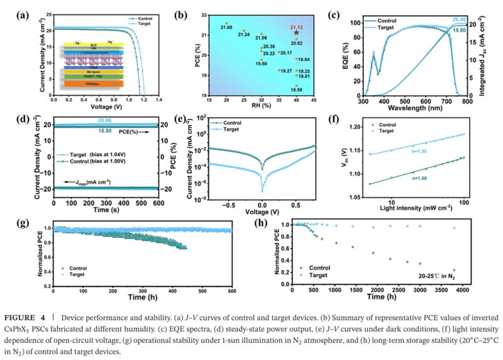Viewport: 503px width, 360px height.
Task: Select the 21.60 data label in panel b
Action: [x=227, y=28]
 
